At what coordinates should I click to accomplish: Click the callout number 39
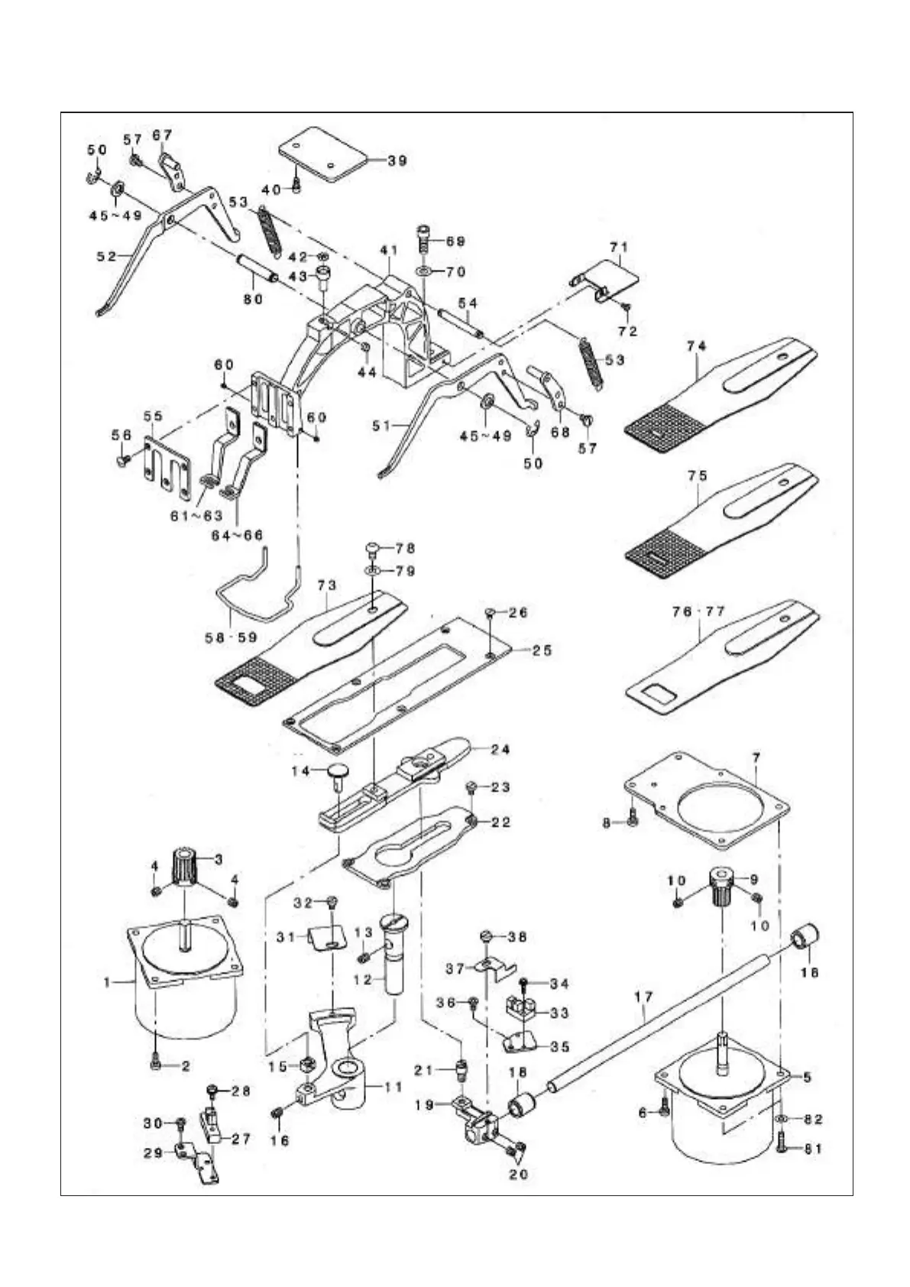[x=397, y=160]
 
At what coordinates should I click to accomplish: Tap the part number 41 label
[x=390, y=250]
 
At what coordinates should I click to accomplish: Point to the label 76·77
[x=699, y=612]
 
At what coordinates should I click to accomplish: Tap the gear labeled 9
[x=722, y=887]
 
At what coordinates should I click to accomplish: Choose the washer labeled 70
[x=423, y=271]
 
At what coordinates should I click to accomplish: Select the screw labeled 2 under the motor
[x=157, y=1065]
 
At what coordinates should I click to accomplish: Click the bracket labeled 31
[x=328, y=936]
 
